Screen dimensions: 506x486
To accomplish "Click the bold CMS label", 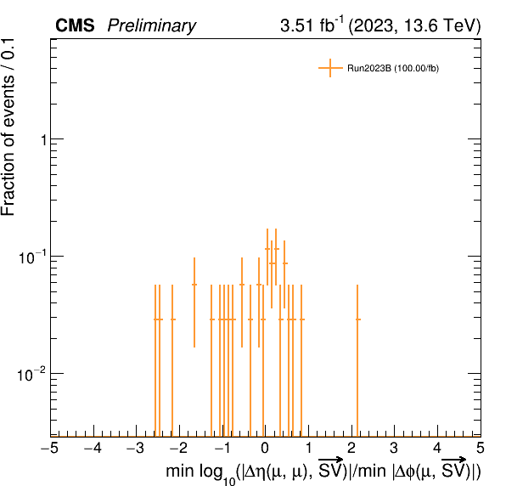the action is coord(75,25).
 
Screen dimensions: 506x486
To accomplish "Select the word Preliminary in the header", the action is coord(152,26).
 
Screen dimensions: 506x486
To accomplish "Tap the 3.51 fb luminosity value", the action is coord(306,25).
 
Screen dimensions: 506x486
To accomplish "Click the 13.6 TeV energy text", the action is coord(440,25).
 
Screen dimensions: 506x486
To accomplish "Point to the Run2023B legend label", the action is coord(393,69).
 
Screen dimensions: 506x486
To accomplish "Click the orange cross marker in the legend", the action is coord(330,68).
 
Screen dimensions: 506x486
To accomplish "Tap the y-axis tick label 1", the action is coord(44,140).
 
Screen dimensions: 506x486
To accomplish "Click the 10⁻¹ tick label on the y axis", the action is coord(32,257).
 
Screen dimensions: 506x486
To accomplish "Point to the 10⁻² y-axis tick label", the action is coord(32,375).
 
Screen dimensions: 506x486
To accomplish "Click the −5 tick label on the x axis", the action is coord(50,448).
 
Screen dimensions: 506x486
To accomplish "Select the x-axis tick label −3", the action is coord(136,448).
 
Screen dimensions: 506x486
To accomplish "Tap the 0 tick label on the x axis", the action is coord(265,448).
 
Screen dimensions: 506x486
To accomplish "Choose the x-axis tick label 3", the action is coord(394,448).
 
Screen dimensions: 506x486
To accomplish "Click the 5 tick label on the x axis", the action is coord(481,448).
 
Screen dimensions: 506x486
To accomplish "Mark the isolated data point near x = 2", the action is coord(357,319).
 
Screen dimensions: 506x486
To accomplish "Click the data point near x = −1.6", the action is coord(194,285).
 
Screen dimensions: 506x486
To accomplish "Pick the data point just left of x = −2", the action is coord(172,319).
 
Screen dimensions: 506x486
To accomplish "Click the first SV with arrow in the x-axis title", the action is coord(330,467).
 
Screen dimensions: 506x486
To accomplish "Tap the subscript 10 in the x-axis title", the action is coord(229,481).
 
